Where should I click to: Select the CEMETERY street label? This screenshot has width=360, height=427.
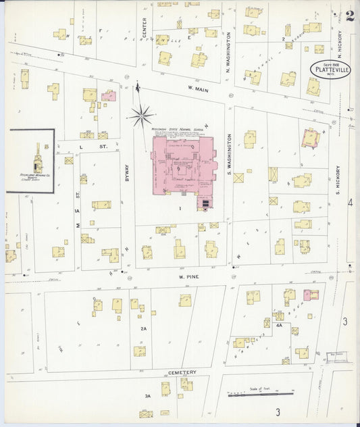click(x=182, y=372)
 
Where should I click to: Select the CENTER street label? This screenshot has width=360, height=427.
click(x=144, y=26)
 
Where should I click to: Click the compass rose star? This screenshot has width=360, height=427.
click(x=142, y=116)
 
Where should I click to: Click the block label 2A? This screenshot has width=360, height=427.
click(x=143, y=329)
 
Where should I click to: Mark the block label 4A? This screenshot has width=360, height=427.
click(x=278, y=325)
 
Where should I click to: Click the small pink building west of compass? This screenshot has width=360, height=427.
click(x=108, y=97)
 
